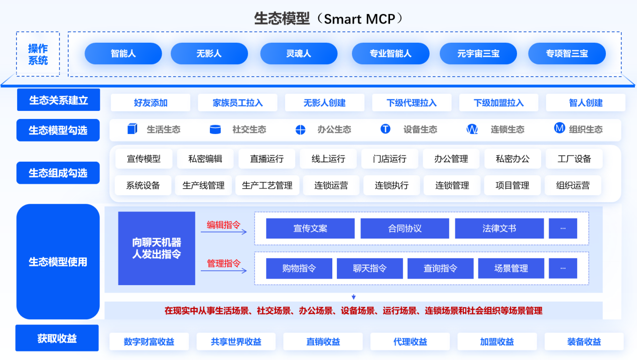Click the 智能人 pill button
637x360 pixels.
coord(123,54)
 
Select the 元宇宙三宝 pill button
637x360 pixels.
coord(478,54)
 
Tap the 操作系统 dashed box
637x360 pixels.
coord(38,54)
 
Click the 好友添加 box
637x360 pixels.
coord(151,103)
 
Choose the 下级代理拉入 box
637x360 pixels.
coord(412,103)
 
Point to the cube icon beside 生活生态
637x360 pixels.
coord(132,129)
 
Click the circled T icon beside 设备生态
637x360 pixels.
coord(386,129)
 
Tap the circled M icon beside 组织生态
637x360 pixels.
coord(559,128)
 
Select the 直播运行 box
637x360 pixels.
coord(267,159)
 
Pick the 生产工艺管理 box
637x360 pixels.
coord(267,185)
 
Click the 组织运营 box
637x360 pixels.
coord(573,185)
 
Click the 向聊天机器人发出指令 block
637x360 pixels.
coord(157,248)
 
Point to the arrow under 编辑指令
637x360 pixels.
coord(224,231)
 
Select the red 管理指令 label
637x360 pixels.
coord(224,263)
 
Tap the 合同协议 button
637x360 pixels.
coord(405,228)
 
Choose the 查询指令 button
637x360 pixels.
coord(440,269)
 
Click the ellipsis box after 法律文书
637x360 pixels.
coord(563,228)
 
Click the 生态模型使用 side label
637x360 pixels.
coord(58,262)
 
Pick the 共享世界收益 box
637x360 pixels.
coord(236,342)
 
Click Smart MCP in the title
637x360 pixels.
coord(363,19)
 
